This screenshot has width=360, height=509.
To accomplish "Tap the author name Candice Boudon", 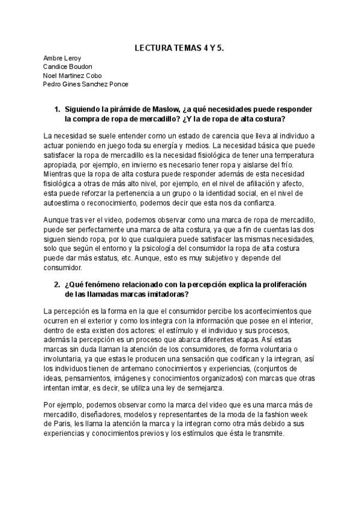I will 68,67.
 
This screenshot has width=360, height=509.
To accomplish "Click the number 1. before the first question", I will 58,110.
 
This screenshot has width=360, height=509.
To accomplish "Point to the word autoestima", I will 62,203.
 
